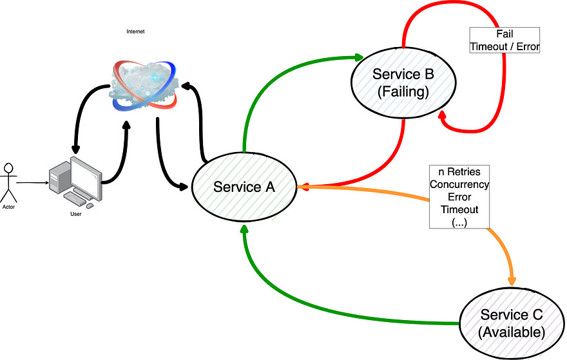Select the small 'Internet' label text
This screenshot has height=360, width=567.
tap(135, 31)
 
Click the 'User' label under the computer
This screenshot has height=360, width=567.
tap(76, 214)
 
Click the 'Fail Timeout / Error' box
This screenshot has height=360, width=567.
tap(505, 40)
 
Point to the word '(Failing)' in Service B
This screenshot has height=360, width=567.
tap(403, 92)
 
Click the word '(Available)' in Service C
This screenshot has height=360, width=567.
tap(512, 332)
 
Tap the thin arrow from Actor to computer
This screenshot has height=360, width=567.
tap(32, 183)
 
